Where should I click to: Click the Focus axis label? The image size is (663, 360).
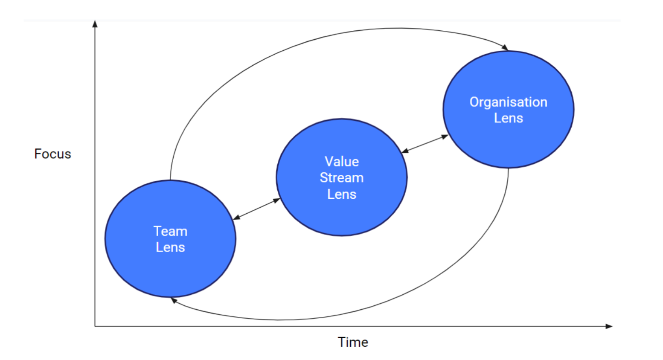coord(52,154)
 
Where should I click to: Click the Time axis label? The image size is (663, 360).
coord(352,342)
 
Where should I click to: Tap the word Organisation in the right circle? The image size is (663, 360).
coord(508,102)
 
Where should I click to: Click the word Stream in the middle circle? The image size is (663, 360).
coord(341,177)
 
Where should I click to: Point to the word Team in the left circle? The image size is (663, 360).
coord(170,231)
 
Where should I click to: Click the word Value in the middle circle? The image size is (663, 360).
coord(341,161)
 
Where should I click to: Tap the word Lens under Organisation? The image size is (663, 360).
coord(508,118)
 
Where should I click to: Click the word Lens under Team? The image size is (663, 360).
coord(170,247)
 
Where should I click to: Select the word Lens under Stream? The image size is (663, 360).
coord(341,194)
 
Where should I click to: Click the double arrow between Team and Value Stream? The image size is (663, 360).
coord(256,209)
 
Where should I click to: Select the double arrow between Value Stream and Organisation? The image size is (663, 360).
coord(425,144)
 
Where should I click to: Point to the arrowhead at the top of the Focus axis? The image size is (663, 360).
coord(95,23)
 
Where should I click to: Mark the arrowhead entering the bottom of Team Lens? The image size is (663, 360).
coord(174,301)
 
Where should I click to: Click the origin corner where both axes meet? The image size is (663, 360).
coord(95,326)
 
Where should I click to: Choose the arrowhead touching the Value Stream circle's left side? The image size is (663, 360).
coord(276,200)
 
